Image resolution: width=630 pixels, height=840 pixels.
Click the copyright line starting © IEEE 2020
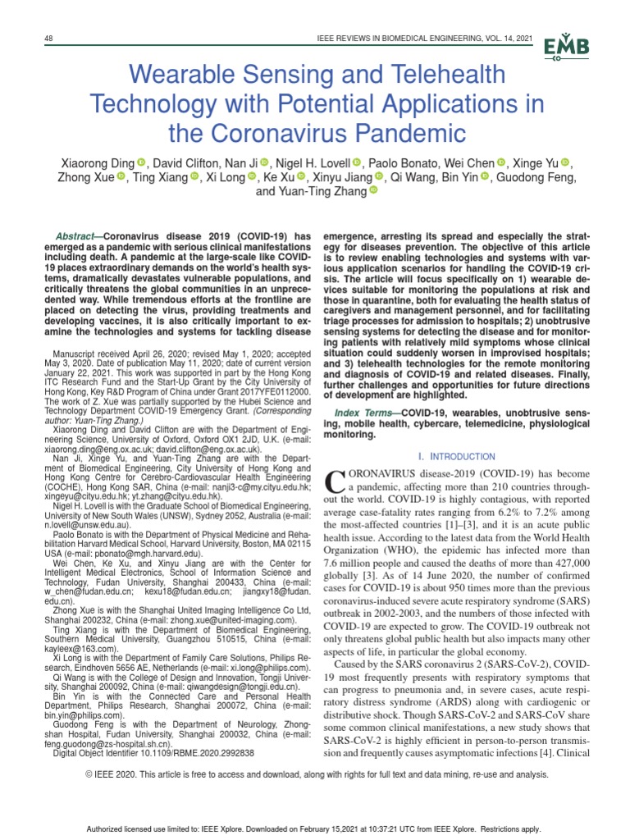point(314,774)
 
